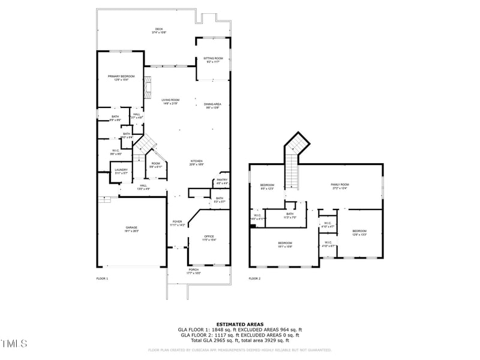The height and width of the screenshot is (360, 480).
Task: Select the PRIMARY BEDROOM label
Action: click(121, 77)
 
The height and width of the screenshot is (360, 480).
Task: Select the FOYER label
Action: click(178, 223)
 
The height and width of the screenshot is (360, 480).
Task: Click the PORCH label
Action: click(194, 271)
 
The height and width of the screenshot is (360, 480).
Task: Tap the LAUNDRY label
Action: click(121, 172)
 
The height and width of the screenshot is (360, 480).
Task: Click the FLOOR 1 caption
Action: click(102, 279)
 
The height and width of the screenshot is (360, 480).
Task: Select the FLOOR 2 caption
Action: click(255, 279)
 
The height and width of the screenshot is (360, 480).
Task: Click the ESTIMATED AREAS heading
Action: click(239, 324)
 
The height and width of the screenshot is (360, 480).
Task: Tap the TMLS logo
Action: click(14, 343)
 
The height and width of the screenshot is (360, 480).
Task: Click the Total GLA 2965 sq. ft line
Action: click(239, 340)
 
